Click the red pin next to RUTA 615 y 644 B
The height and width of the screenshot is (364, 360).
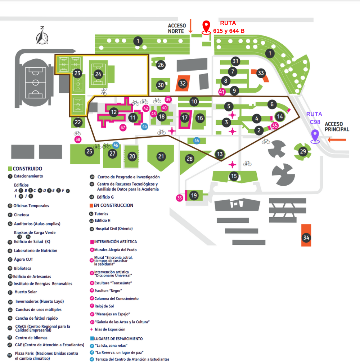coord(206,27)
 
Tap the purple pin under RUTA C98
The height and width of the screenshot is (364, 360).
coord(315,136)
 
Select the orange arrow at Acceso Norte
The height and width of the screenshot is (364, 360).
coord(191,26)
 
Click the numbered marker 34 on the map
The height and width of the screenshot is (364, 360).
coord(306,238)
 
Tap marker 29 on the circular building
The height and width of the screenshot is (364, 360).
coord(303,151)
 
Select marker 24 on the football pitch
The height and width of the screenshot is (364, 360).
coord(98,74)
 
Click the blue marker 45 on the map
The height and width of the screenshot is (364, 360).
coord(144,126)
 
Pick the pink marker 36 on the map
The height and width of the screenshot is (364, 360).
coord(180,197)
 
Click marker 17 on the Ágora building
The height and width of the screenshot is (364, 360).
coord(185,117)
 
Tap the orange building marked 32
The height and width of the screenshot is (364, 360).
coord(183,84)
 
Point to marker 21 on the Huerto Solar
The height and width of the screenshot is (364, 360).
coord(161,156)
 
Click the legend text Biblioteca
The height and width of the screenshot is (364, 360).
coord(22,268)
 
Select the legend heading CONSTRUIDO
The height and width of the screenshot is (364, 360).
coord(27,169)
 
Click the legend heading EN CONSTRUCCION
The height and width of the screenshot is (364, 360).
coord(113,205)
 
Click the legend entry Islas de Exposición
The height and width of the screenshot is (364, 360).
coord(110,329)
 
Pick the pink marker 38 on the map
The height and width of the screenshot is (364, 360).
coord(77,139)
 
